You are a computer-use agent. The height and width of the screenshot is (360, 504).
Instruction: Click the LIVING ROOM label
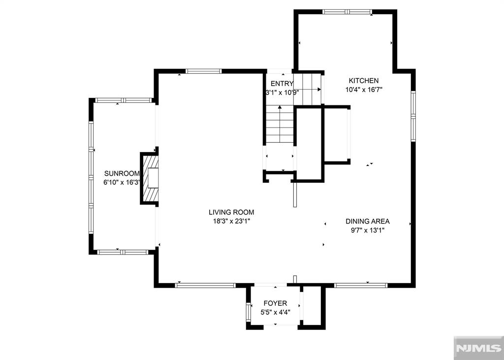pos(231,212)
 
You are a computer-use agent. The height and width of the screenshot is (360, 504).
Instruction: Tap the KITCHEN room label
pos(364,81)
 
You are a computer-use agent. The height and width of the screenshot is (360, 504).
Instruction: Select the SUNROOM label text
pos(122,173)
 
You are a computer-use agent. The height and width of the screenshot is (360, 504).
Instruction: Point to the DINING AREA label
pos(367,222)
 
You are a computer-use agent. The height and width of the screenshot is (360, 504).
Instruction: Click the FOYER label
pos(275,303)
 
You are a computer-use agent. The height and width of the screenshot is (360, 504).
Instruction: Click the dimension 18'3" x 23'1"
pos(231,221)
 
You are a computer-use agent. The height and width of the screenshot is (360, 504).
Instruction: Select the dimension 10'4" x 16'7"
pos(364,90)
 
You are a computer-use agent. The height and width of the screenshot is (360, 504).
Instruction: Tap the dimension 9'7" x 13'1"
pos(367,230)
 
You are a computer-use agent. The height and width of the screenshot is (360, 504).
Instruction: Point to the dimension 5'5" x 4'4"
pos(275,312)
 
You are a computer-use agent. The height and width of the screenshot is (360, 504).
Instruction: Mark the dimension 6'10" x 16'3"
pos(122,182)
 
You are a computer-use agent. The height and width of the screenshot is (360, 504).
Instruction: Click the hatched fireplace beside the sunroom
pos(151,178)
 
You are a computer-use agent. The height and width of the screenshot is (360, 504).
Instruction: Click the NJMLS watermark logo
pos(478,348)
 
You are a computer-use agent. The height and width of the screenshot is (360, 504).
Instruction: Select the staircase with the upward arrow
pos(280,125)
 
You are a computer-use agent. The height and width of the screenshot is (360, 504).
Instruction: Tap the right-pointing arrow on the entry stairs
pos(319,90)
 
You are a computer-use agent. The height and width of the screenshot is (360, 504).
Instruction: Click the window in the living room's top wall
pos(204,71)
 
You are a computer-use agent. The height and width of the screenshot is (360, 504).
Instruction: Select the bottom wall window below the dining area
pos(361,285)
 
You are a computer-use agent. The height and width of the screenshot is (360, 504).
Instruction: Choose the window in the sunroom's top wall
pos(124,100)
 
